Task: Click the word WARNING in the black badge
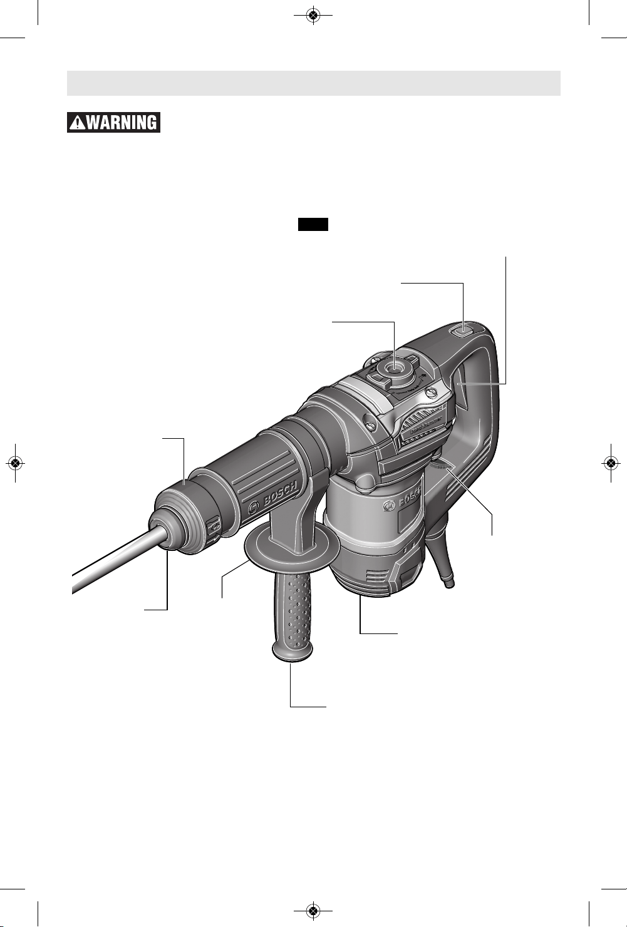click(x=121, y=123)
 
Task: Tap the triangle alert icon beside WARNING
click(x=77, y=123)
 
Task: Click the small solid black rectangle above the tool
click(x=313, y=224)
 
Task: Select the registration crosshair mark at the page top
click(x=313, y=16)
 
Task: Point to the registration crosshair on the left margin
click(x=15, y=463)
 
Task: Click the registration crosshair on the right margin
click(x=611, y=463)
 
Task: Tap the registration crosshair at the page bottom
click(x=313, y=911)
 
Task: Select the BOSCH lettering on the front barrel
click(x=279, y=493)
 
